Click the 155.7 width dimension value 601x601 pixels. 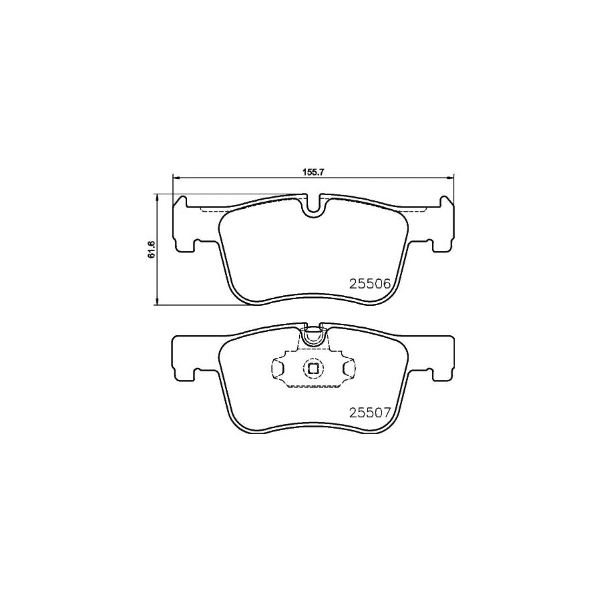point(313,172)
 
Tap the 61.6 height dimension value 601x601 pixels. point(152,249)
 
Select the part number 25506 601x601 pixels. point(369,283)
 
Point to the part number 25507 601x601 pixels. point(369,412)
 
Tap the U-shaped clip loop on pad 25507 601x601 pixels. point(313,337)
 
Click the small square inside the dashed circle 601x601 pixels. point(313,367)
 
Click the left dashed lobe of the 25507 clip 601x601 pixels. point(276,367)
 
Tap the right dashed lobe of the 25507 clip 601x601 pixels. point(349,367)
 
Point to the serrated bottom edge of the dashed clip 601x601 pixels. point(313,387)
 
